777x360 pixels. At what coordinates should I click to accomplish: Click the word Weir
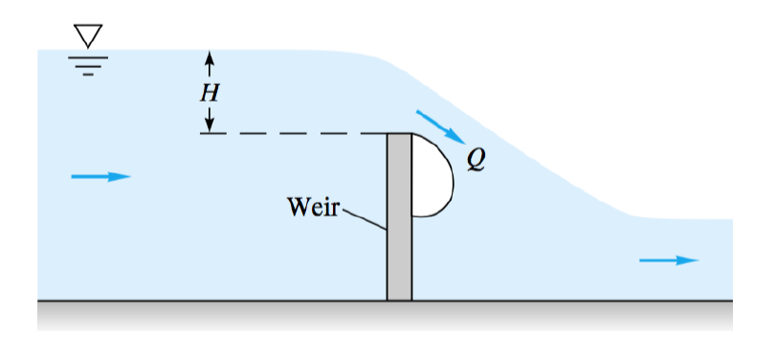313,207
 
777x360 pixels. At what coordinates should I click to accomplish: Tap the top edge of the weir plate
399,134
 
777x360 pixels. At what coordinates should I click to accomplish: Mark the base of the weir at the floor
399,299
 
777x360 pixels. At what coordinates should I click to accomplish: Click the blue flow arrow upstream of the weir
100,176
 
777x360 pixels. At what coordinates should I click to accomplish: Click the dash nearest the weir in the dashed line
376,134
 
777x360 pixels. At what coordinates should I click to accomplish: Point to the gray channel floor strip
383,314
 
